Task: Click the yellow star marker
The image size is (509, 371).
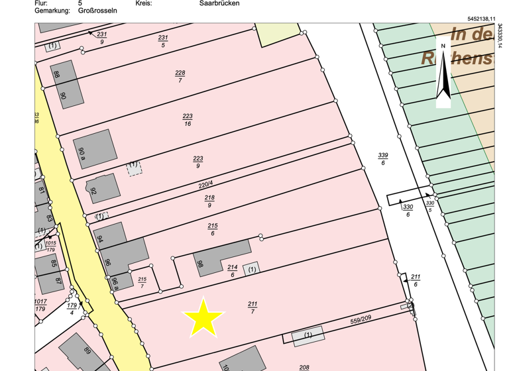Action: click(x=203, y=317)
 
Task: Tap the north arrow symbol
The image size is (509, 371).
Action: click(x=443, y=74)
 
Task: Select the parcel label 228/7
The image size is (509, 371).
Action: click(x=180, y=76)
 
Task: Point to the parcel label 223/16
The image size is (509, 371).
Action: click(x=188, y=119)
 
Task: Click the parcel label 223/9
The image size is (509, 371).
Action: click(x=198, y=162)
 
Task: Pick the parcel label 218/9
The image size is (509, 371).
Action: click(x=209, y=201)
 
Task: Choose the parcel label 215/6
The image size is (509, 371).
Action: click(x=213, y=229)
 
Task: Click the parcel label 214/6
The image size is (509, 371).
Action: click(x=232, y=270)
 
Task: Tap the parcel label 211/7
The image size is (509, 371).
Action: click(x=253, y=307)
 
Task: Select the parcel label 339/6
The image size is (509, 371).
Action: click(x=383, y=158)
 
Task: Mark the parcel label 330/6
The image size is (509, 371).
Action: click(x=408, y=211)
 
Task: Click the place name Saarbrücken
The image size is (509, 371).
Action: click(x=219, y=3)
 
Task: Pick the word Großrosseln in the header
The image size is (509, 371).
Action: click(x=98, y=11)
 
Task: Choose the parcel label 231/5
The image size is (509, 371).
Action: click(x=163, y=41)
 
